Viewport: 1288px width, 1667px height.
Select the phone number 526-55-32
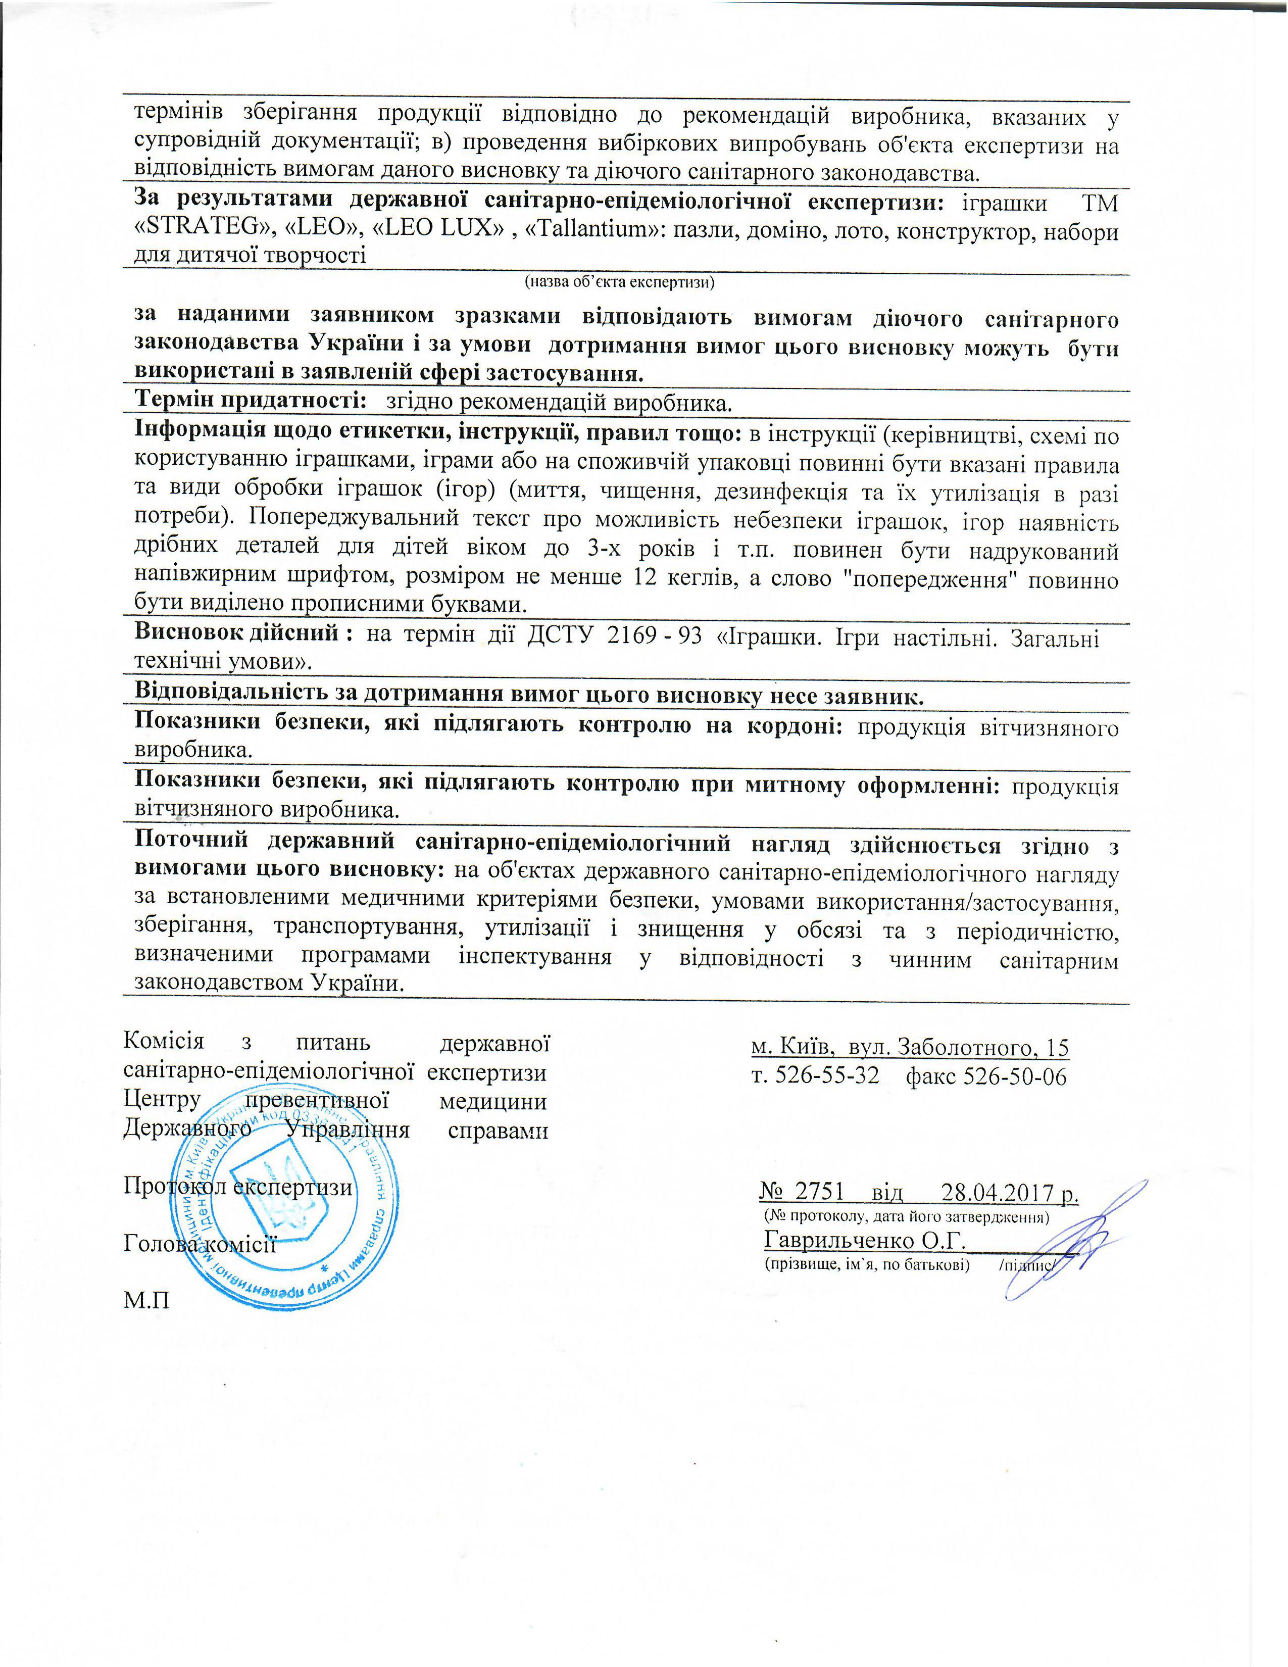pos(827,1075)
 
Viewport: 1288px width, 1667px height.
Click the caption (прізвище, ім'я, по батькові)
pos(867,1265)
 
